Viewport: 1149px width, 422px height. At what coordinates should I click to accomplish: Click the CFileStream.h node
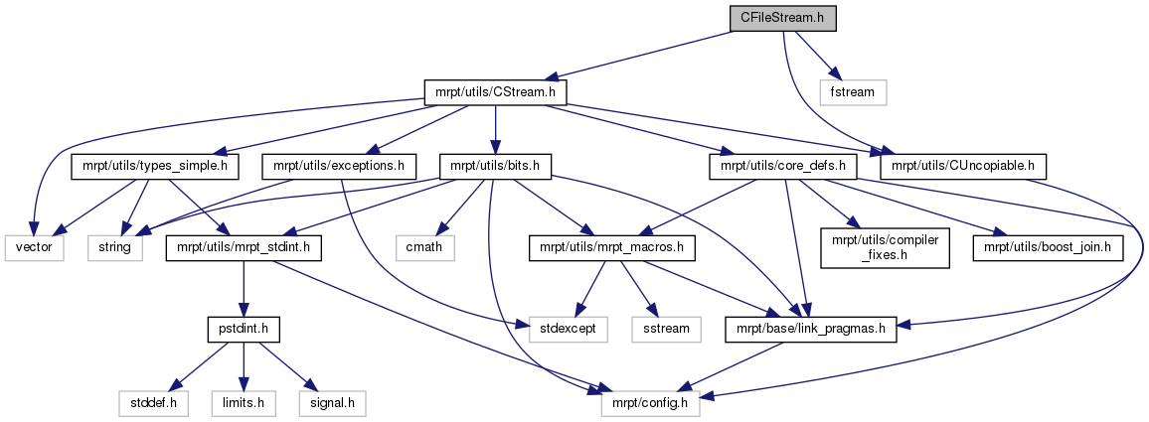click(782, 18)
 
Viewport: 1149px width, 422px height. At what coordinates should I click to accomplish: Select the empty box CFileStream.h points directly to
click(852, 92)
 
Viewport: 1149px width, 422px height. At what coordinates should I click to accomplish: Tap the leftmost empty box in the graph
click(34, 248)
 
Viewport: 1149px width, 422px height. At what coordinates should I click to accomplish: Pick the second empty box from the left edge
click(114, 248)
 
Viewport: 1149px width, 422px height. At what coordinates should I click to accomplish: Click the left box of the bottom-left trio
click(153, 403)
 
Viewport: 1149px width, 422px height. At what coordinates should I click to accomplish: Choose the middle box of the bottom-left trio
click(243, 403)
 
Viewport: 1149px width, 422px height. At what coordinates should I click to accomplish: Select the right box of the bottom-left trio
click(332, 403)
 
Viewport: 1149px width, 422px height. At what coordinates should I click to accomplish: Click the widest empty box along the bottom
click(650, 403)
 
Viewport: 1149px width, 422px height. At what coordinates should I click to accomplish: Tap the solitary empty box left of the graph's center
click(424, 248)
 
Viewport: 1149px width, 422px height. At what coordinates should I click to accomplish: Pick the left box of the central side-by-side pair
click(568, 330)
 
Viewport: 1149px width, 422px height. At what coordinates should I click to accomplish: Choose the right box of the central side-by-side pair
click(666, 330)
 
